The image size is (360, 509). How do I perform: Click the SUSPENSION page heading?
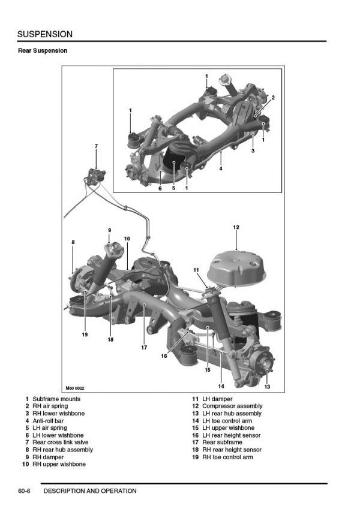(45, 34)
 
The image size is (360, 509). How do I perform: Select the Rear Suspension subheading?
(43, 51)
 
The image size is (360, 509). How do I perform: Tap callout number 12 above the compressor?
(236, 227)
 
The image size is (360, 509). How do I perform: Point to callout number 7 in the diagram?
(96, 146)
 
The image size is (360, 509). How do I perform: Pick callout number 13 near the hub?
(267, 387)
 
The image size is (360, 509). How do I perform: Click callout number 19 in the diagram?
(85, 335)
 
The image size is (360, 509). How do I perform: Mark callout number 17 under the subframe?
(144, 347)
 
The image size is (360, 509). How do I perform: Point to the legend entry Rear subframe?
(223, 442)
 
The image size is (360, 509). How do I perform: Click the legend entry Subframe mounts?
(56, 399)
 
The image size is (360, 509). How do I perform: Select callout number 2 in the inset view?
(272, 97)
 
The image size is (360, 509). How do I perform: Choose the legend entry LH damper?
(217, 399)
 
